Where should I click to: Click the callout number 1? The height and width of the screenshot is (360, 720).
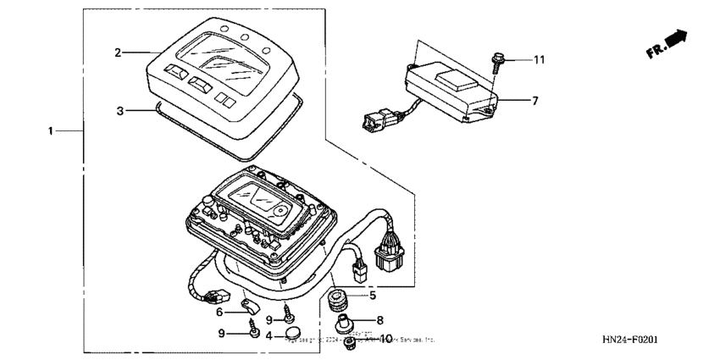(52, 131)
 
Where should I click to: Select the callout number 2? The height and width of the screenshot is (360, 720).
(119, 53)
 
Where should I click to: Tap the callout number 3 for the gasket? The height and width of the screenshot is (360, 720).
(119, 110)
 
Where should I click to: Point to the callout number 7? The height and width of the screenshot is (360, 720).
(534, 100)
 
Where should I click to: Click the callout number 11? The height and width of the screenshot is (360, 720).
(540, 58)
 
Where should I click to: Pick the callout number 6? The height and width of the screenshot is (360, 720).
(219, 312)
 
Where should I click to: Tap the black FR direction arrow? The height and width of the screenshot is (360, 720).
(674, 41)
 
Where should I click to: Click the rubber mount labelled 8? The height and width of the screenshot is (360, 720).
(347, 323)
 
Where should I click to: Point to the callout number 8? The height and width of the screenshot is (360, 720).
(379, 320)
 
